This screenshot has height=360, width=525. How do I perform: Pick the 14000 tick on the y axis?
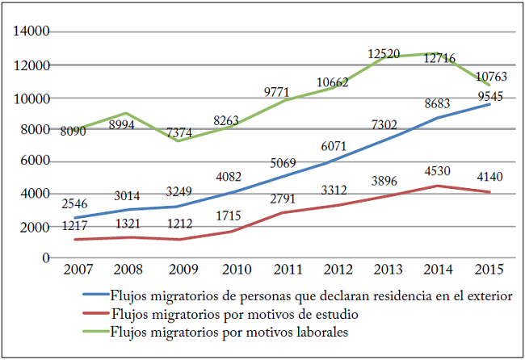coord(31,32)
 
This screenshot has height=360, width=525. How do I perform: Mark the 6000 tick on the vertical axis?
coord(35,161)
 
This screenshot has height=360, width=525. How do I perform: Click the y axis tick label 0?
coord(47,258)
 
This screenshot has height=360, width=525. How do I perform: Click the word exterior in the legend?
coord(485,296)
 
